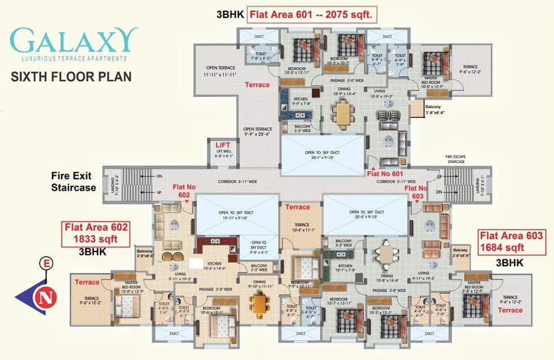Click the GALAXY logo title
[x=73, y=41]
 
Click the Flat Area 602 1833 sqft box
[x=97, y=233]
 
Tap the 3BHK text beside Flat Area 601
[x=230, y=15]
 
